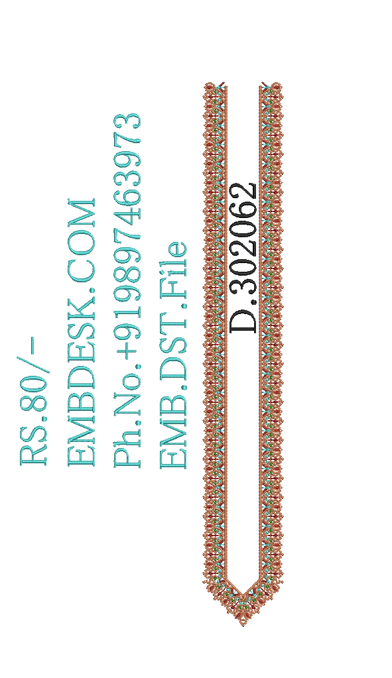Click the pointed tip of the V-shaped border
coord(243,625)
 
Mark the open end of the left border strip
coord(215,85)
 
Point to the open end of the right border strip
coord(271,85)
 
